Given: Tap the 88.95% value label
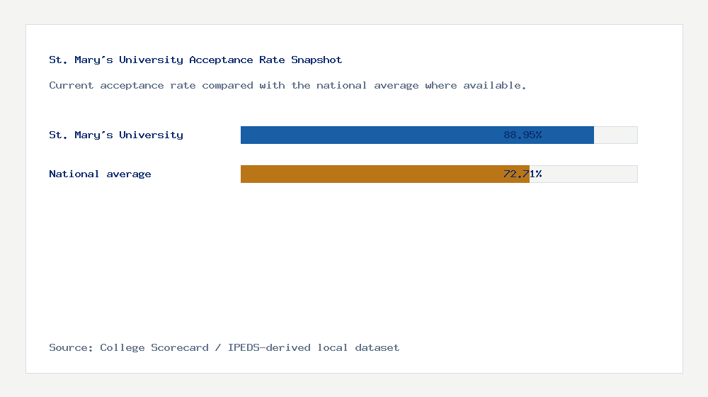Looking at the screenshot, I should (x=523, y=135).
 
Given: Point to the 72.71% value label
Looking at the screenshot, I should (x=523, y=174).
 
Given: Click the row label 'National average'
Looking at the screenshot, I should (x=100, y=174).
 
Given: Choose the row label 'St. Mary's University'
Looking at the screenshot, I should (x=116, y=135).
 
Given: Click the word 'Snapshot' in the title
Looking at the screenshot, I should (x=316, y=60).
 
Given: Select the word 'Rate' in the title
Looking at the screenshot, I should (x=272, y=60).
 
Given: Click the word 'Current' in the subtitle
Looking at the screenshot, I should (x=71, y=85).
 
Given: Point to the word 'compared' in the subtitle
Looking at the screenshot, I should (x=227, y=85).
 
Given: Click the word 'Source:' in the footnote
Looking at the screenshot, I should (x=71, y=347).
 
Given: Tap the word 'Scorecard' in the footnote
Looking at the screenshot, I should (x=180, y=347).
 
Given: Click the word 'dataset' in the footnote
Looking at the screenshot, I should (x=377, y=347).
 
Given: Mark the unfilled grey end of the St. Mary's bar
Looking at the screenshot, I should (x=615, y=135).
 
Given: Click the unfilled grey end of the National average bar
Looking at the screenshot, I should (x=583, y=174).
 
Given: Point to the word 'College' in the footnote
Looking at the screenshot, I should (x=122, y=347).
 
